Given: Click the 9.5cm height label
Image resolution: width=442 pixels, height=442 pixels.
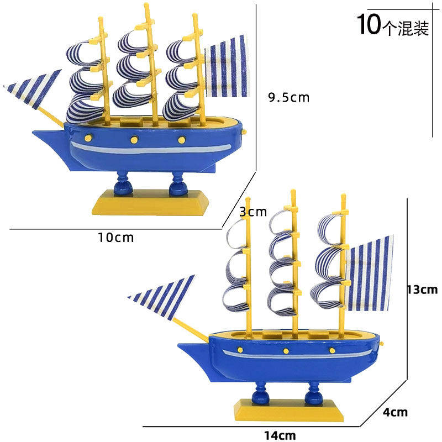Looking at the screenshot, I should click(288, 98).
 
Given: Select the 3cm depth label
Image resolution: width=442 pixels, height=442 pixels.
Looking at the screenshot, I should click(253, 211).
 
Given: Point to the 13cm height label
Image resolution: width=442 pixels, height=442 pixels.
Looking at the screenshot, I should click(422, 289).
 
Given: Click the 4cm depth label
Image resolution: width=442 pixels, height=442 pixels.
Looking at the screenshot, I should click(395, 412).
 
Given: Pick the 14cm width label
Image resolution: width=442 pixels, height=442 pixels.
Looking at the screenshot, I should click(279, 435).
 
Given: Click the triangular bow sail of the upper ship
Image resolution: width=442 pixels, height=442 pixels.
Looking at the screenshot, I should click(36, 89).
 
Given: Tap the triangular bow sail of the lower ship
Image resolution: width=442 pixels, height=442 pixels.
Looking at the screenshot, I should click(163, 298).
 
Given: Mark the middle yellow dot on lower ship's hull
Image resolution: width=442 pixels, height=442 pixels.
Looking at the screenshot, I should click(286, 351).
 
